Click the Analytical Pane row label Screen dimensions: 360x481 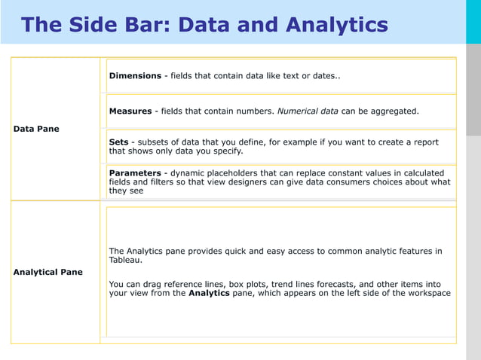(48, 272)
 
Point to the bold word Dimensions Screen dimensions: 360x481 (135, 76)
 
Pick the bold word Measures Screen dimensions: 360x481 (130, 111)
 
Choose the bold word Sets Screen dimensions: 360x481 (119, 142)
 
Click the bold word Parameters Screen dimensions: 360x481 (135, 173)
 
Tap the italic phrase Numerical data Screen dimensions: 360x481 (308, 111)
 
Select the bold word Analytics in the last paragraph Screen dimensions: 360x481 (209, 293)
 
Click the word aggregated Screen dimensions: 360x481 (393, 111)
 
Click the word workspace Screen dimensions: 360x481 (427, 293)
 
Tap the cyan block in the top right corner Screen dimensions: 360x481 (473, 21)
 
